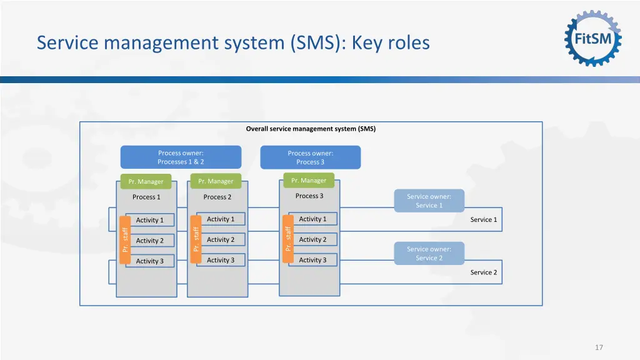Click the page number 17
pos(599,347)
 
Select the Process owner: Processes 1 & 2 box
pos(181,157)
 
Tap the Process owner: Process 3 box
pos(310,157)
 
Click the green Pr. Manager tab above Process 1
pos(146,181)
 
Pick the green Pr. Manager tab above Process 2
pos(216,181)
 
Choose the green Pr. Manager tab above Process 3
pos(309,181)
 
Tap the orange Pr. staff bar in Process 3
pos(288,239)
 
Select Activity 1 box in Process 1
pos(150,220)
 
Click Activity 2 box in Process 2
pos(221,239)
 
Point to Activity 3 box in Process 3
pos(312,260)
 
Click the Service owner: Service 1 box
pos(429,201)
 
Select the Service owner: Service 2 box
pos(429,253)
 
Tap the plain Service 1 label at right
pos(484,219)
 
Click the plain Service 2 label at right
pos(484,272)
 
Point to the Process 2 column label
pos(217,197)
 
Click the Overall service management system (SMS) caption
pos(311,129)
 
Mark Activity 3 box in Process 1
pos(150,261)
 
